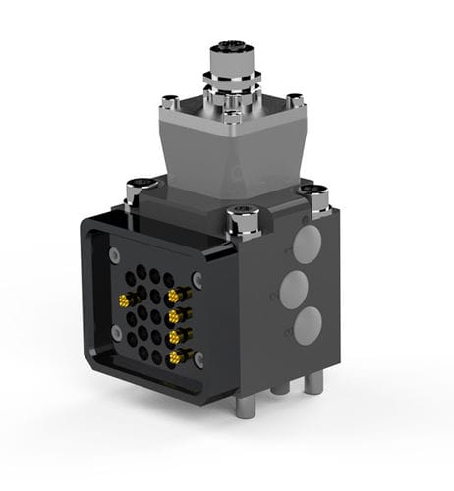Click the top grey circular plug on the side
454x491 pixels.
pos(307,240)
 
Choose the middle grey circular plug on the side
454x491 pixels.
pos(294,290)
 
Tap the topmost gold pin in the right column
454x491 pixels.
pos(176,295)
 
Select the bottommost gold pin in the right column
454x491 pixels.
pos(177,357)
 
